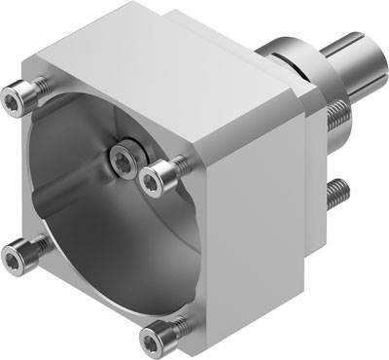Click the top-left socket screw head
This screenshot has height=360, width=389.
(14, 97)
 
